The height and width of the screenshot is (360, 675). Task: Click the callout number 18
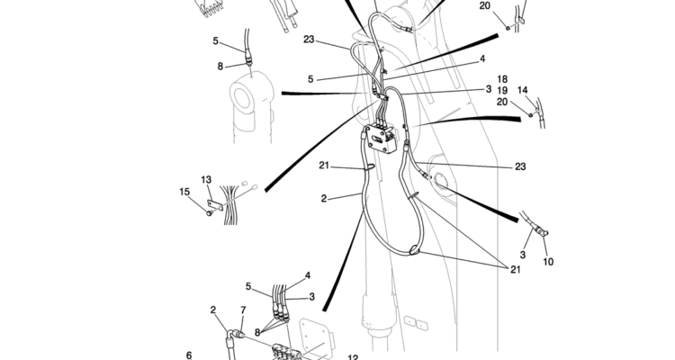(x=502, y=79)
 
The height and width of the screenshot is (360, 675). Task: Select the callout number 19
(x=502, y=90)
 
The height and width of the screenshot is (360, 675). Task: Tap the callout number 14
(x=523, y=90)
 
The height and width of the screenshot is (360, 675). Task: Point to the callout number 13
(x=206, y=180)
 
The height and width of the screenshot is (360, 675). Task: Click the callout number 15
(x=184, y=191)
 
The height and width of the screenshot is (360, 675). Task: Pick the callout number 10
(x=549, y=262)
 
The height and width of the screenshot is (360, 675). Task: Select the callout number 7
(x=242, y=310)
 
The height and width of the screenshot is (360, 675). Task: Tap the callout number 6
(x=189, y=355)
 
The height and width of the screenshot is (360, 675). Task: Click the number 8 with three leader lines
(x=257, y=332)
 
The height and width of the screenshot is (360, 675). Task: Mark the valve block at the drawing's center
(x=381, y=140)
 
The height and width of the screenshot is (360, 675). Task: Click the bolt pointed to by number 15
(x=208, y=212)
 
